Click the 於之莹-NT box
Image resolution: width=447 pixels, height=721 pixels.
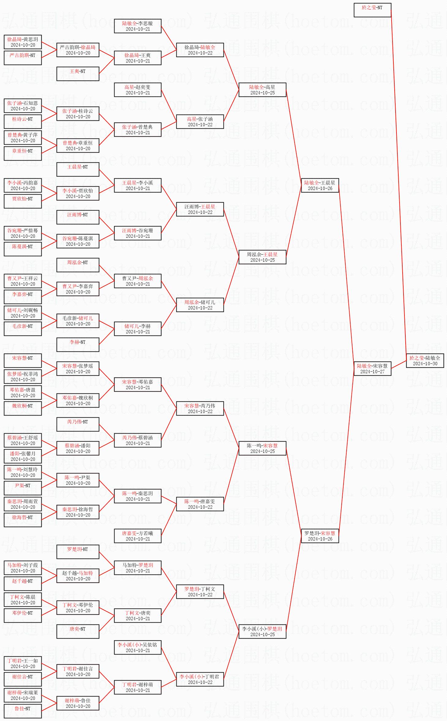click(x=372, y=10)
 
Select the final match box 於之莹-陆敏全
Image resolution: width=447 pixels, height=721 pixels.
click(x=425, y=361)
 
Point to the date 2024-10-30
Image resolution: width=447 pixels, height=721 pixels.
click(x=425, y=364)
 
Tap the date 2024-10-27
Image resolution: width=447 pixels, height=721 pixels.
click(x=372, y=372)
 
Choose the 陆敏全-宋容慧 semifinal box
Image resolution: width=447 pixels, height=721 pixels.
click(x=372, y=369)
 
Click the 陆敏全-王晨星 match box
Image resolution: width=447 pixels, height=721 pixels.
click(x=320, y=185)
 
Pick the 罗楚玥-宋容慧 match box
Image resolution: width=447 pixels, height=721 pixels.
click(x=320, y=536)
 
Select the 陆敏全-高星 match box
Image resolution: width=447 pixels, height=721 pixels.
click(x=262, y=90)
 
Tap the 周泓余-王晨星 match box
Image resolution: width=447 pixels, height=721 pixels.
click(x=262, y=257)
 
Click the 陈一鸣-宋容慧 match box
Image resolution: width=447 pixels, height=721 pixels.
click(x=262, y=448)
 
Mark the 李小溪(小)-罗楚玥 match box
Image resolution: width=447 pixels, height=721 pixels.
click(x=262, y=632)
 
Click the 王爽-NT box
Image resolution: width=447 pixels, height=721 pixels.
click(x=78, y=74)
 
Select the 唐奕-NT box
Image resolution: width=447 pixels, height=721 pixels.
click(x=78, y=632)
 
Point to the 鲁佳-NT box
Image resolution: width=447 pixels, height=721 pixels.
click(x=23, y=711)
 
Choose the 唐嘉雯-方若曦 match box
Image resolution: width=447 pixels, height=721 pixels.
click(x=138, y=536)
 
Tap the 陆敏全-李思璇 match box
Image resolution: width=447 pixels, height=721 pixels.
click(x=138, y=26)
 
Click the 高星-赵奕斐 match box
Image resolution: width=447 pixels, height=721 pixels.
click(x=138, y=90)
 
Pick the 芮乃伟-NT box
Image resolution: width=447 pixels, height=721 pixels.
click(x=78, y=424)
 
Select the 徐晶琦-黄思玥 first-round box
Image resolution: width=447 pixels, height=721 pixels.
click(x=23, y=42)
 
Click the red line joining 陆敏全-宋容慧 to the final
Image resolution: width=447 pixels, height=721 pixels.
click(x=399, y=365)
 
